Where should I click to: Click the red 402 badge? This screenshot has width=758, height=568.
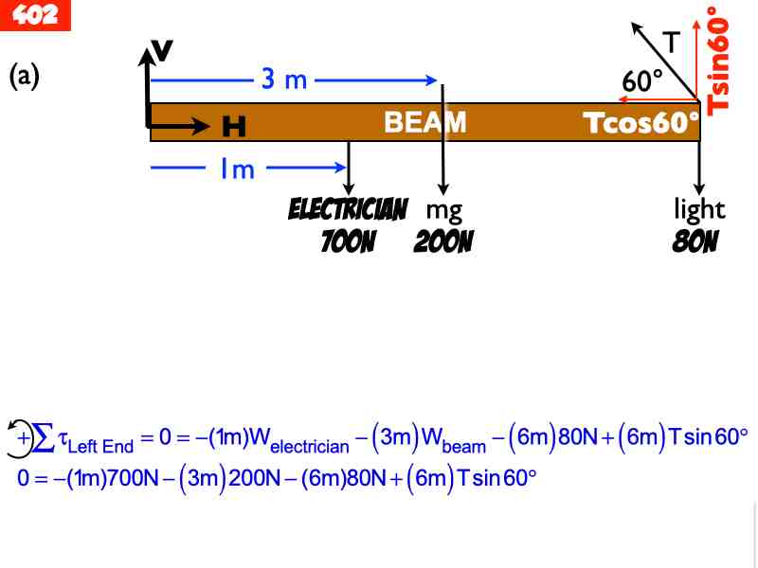pos(35,14)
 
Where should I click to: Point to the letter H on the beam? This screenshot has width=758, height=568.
pos(233,125)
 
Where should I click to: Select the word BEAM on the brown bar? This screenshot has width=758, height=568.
pos(424,122)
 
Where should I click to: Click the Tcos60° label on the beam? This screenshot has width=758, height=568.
pos(641,124)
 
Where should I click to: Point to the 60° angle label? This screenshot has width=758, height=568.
pos(642,81)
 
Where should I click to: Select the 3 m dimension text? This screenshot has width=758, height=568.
pos(284,80)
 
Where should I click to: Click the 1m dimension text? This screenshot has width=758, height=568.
pos(237,169)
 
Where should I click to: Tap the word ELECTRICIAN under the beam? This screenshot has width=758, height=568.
pos(348,209)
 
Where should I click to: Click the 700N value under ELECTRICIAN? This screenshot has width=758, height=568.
pos(348,242)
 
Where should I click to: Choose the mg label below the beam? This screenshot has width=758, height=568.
pos(443,210)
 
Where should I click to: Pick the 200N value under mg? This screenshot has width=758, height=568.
pos(443,242)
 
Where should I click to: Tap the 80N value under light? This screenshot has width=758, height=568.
pos(695,242)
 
